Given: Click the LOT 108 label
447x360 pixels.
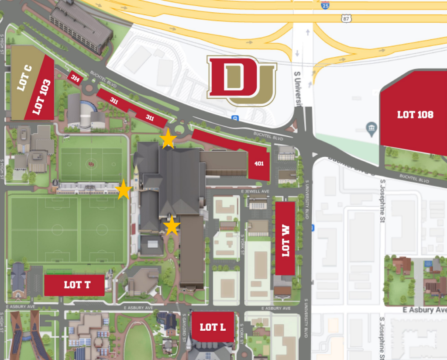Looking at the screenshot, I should click(415, 114).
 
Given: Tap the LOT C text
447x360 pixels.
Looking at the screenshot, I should click(24, 78).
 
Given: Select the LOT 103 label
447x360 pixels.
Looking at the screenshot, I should click(41, 97).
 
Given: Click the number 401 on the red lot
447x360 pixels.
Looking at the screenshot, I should click(258, 164).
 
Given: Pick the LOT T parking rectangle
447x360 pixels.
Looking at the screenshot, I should click(75, 285).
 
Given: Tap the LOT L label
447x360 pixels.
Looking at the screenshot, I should click(213, 327).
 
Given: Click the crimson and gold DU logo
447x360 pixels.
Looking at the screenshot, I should click(241, 81).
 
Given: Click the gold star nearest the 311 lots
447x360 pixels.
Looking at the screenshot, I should click(168, 140).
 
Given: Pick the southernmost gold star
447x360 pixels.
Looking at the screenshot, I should click(172, 226).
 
